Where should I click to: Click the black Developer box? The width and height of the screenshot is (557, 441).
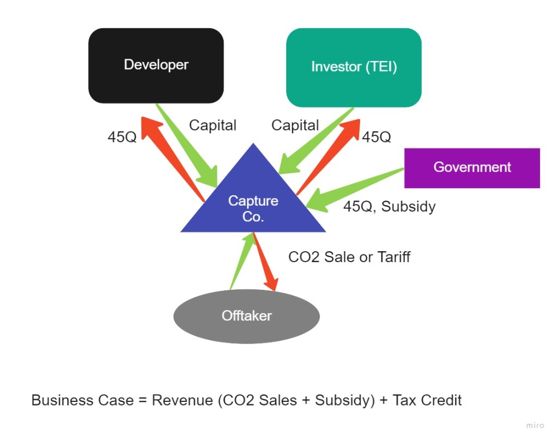(x=156, y=65)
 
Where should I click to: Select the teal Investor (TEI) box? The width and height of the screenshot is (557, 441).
(x=354, y=67)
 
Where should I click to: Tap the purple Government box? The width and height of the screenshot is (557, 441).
(x=472, y=167)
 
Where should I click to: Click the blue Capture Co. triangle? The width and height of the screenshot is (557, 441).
(x=253, y=207)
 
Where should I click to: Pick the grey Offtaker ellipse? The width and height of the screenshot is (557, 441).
(x=246, y=316)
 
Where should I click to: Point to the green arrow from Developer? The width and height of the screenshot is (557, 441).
(x=188, y=147)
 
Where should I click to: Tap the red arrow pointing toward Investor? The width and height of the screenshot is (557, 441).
(x=329, y=152)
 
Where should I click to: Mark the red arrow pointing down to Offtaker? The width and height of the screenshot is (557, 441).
(x=265, y=264)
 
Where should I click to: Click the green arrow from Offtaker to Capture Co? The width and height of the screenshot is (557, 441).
(x=241, y=261)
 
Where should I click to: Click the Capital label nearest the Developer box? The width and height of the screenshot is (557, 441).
(x=213, y=126)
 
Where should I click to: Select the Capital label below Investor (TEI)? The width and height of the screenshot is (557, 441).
(x=295, y=126)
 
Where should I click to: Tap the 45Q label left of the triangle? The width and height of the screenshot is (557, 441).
(x=122, y=137)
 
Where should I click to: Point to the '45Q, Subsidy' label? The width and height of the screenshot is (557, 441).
(x=389, y=207)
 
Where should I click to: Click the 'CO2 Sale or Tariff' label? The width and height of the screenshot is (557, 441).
(x=349, y=257)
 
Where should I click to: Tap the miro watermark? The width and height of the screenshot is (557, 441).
(x=535, y=425)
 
